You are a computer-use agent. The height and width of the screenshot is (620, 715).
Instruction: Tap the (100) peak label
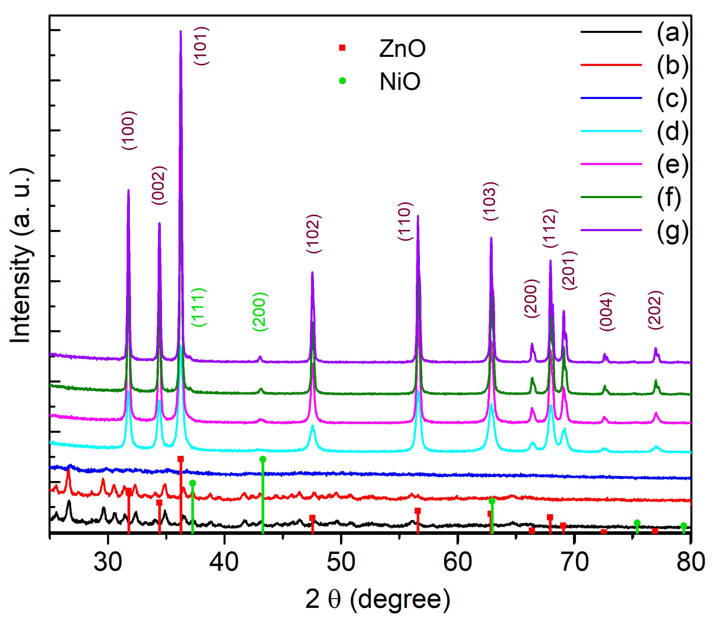pyautogui.click(x=129, y=130)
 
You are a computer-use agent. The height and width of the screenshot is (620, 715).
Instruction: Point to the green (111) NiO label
pyautogui.click(x=199, y=307)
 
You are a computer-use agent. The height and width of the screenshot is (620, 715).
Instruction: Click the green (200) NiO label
pyautogui.click(x=260, y=312)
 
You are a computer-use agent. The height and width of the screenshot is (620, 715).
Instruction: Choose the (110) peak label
pyautogui.click(x=405, y=221)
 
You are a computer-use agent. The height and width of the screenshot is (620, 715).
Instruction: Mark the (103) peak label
pyautogui.click(x=491, y=201)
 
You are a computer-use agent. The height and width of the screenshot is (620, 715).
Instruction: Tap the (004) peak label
pyautogui.click(x=607, y=312)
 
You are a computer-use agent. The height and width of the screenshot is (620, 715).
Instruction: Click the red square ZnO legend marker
pyautogui.click(x=342, y=48)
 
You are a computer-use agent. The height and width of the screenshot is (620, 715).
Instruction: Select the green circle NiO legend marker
pyautogui.click(x=342, y=81)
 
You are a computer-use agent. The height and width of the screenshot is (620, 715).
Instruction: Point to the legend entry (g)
pyautogui.click(x=672, y=231)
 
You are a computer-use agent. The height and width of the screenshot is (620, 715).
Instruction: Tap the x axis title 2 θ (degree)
pyautogui.click(x=378, y=599)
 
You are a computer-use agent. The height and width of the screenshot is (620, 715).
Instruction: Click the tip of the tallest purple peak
pyautogui.click(x=180, y=31)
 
